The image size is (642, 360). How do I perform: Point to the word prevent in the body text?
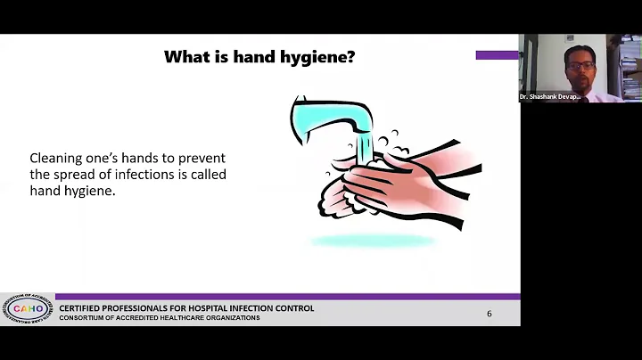(x=201, y=158)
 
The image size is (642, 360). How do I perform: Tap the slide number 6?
(x=489, y=314)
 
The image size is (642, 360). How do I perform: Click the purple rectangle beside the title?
(x=497, y=55)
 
